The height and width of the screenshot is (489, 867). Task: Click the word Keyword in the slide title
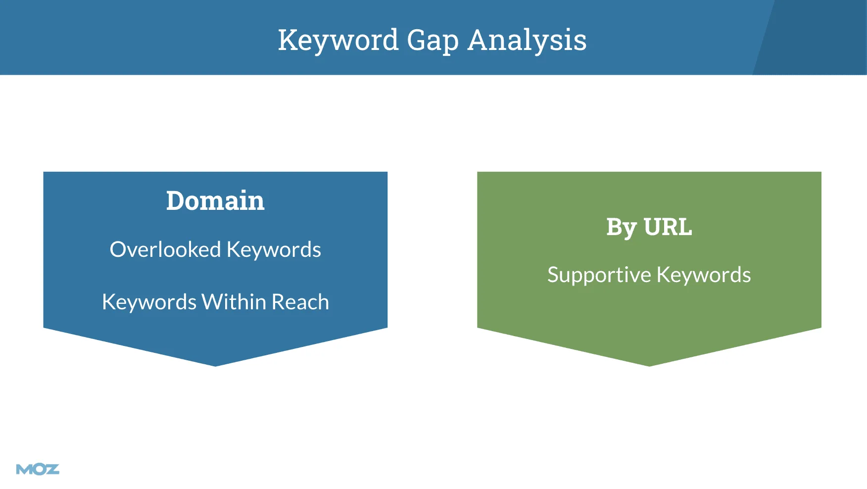[338, 40]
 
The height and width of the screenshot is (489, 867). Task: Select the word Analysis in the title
[527, 40]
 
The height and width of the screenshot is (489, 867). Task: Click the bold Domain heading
[215, 200]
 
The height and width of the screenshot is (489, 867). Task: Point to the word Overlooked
[165, 249]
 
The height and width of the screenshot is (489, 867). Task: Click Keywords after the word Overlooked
[274, 250]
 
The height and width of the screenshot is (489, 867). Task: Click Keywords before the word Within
[149, 302]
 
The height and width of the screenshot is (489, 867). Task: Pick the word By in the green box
[622, 228]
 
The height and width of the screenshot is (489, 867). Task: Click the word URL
[668, 227]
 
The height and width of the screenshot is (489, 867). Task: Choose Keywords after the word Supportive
[704, 275]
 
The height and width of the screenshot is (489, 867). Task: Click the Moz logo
[38, 469]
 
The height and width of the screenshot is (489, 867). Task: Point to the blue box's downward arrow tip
[215, 366]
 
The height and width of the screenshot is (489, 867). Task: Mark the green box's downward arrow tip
[649, 366]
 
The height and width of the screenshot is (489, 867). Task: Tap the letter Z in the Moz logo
[52, 469]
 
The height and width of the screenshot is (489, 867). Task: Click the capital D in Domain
[175, 201]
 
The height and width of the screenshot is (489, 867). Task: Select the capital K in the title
[289, 40]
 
